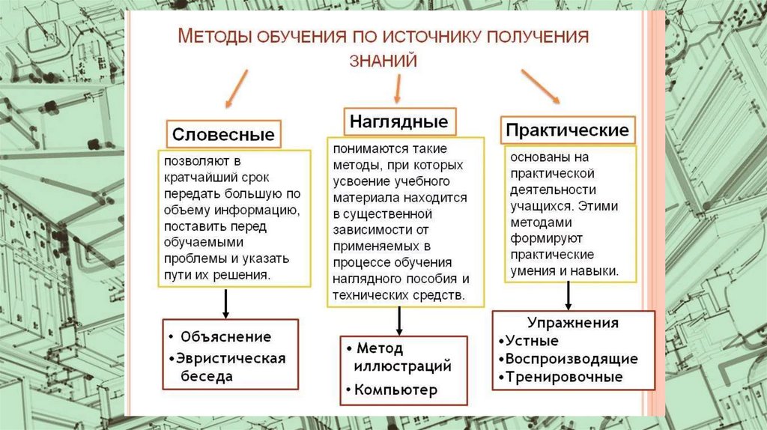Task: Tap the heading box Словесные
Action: click(x=223, y=135)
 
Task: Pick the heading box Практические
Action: click(x=567, y=130)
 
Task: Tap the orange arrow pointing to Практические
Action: click(x=540, y=86)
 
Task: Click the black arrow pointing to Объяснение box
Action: click(x=225, y=303)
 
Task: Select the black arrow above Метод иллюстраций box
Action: click(x=399, y=320)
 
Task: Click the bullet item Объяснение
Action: click(x=225, y=337)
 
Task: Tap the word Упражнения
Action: click(x=573, y=324)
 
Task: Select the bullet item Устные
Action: click(x=532, y=341)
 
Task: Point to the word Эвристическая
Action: click(x=232, y=358)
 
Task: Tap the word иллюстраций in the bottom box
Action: click(x=404, y=366)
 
